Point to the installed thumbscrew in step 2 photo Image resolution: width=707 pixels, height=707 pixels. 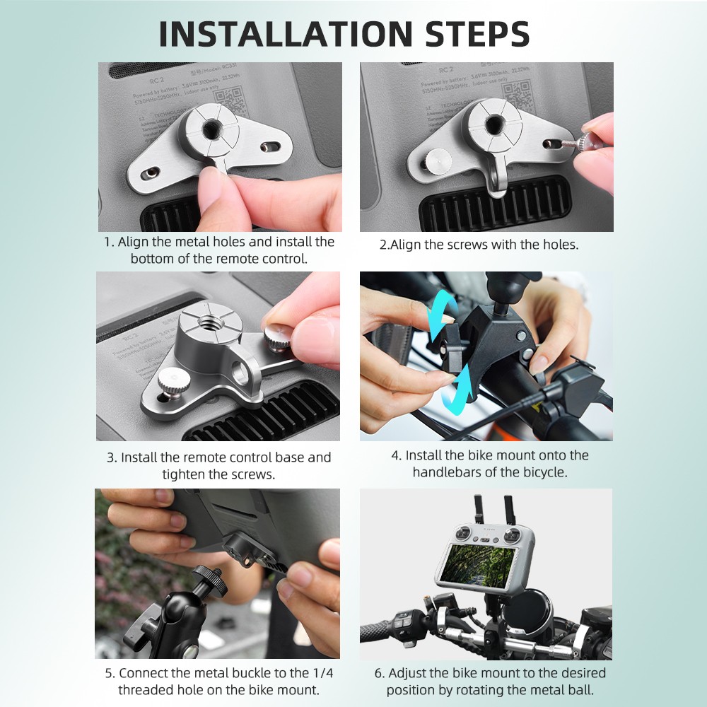tap(436, 162)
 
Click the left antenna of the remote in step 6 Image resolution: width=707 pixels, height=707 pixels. tap(479, 508)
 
